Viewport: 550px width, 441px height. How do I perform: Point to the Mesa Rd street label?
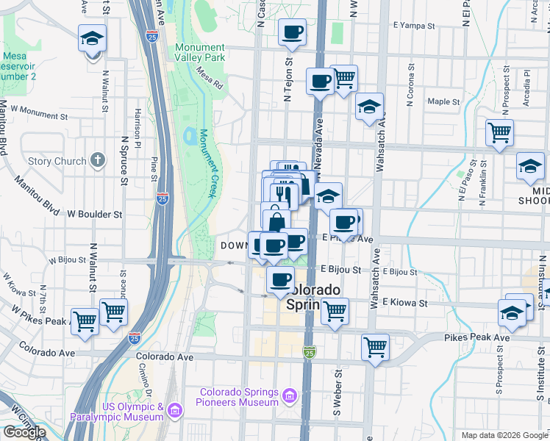click(x=209, y=79)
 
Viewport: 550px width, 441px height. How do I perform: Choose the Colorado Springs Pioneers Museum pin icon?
click(x=290, y=398)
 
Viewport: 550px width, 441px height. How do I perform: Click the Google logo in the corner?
click(x=24, y=432)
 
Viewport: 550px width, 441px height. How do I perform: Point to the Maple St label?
click(x=443, y=101)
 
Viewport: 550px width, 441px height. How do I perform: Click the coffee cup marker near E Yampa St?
click(x=292, y=33)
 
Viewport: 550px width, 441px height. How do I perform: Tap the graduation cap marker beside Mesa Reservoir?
click(x=93, y=38)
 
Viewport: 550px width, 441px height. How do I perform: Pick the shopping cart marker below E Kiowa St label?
click(x=335, y=312)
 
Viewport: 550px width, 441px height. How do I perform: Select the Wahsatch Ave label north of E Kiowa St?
click(x=376, y=282)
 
